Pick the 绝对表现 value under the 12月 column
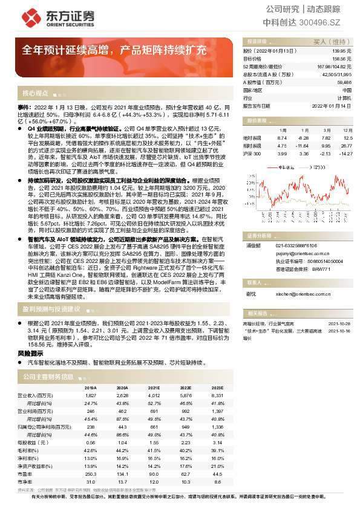(x=346, y=138)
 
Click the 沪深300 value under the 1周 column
(x=281, y=154)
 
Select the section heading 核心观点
(x=36, y=94)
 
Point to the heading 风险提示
(x=30, y=352)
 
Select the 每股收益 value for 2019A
(x=90, y=443)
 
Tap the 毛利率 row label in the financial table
(x=25, y=450)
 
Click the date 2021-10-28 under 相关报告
(x=339, y=323)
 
